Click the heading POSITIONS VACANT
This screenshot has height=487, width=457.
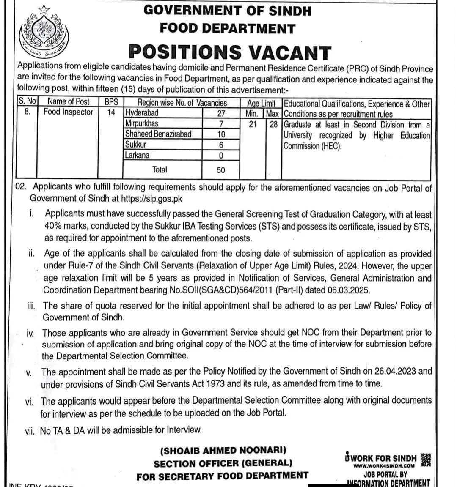(x=230, y=52)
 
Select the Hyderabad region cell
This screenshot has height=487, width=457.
(x=142, y=113)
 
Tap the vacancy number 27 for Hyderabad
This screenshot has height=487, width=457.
(x=220, y=113)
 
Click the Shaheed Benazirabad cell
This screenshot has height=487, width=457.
(x=158, y=134)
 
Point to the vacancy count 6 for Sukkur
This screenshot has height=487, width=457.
(x=220, y=145)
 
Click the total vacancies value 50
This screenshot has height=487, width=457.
(x=220, y=170)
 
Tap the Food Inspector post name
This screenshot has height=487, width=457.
(x=68, y=112)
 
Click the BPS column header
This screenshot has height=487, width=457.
(x=111, y=102)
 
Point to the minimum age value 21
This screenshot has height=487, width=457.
(x=252, y=124)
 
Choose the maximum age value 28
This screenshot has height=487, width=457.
(x=273, y=124)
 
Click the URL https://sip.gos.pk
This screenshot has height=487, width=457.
(x=152, y=198)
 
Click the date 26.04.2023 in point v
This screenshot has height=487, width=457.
(x=394, y=371)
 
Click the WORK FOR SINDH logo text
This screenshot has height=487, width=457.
(x=380, y=458)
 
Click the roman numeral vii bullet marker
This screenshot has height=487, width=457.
(x=30, y=430)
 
